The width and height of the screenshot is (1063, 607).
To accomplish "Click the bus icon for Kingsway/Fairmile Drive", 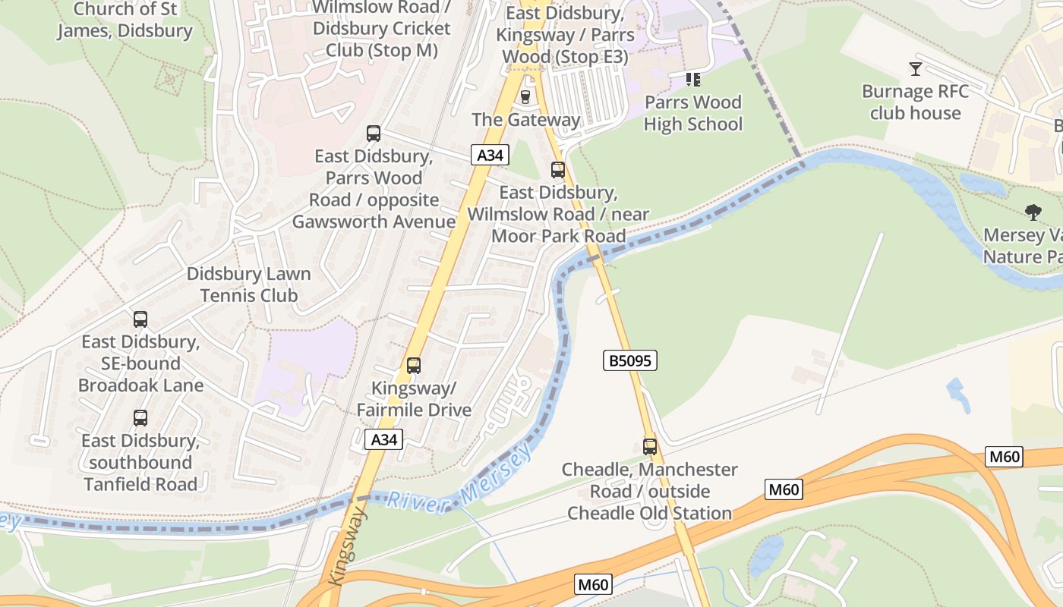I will pos(414,366).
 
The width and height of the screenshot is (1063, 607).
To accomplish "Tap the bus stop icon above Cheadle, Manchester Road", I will pos(650,447).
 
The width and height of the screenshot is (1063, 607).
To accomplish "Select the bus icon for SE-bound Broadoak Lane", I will pos(140,319).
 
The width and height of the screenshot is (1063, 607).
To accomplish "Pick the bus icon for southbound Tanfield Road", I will pos(140,418).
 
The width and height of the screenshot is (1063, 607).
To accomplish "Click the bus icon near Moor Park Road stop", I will pos(558,170).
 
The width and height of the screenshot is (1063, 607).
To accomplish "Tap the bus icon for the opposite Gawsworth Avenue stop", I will pos(374,134).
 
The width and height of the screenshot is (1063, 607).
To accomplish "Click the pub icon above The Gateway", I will pos(525,96).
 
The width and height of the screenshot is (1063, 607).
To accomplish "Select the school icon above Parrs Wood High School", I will pos(692,79).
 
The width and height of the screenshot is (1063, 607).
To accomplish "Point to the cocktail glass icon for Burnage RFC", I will pos(916,69).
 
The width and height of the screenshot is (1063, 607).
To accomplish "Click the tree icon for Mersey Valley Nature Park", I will pos(1033,212).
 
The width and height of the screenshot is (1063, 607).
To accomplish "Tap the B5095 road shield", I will pos(630,360).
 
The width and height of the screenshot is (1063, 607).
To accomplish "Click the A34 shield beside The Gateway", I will pos(490,156).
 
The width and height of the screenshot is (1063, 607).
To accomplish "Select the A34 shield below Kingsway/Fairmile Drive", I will pos(383,439).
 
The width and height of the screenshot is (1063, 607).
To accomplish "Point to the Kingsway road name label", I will pos(348,547).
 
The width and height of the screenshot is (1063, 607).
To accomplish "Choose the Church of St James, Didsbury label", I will pos(125,20).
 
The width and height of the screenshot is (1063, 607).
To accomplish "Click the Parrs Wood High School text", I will pos(692,113).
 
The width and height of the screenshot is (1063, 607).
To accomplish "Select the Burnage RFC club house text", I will pos(916,102).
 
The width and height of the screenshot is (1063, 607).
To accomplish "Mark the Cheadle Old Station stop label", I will pos(650,492).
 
